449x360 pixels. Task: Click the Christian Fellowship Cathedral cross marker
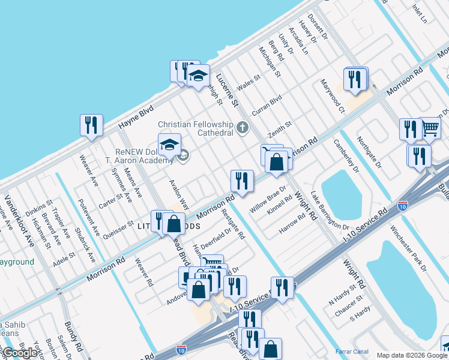tap(243, 127)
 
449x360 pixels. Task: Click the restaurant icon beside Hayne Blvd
tap(91, 125)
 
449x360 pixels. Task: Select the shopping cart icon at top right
tap(430, 127)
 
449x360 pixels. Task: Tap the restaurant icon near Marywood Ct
tap(355, 79)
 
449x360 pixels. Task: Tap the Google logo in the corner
tap(19, 353)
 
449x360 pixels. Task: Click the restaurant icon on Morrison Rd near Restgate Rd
tap(242, 181)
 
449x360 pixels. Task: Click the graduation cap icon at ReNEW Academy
tap(170, 145)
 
